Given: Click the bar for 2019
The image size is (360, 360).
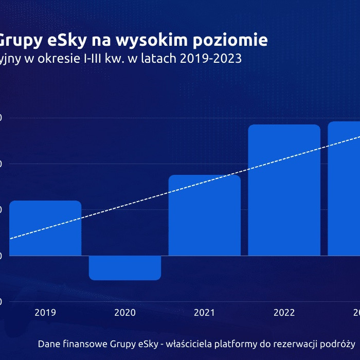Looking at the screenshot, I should click(x=45, y=228).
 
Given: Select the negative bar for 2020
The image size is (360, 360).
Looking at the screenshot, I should click(x=125, y=267).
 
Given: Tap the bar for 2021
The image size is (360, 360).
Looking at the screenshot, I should click(x=205, y=215).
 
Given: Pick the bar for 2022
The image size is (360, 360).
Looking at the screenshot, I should click(x=284, y=190).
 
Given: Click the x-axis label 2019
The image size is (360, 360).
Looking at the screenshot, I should click(x=45, y=312).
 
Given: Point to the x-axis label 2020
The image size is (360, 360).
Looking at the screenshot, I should click(x=125, y=312).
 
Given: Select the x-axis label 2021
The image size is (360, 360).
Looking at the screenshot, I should click(x=205, y=312).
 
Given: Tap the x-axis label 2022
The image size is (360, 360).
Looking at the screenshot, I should click(x=284, y=312).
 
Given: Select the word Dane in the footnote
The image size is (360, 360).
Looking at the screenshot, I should click(x=49, y=344).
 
